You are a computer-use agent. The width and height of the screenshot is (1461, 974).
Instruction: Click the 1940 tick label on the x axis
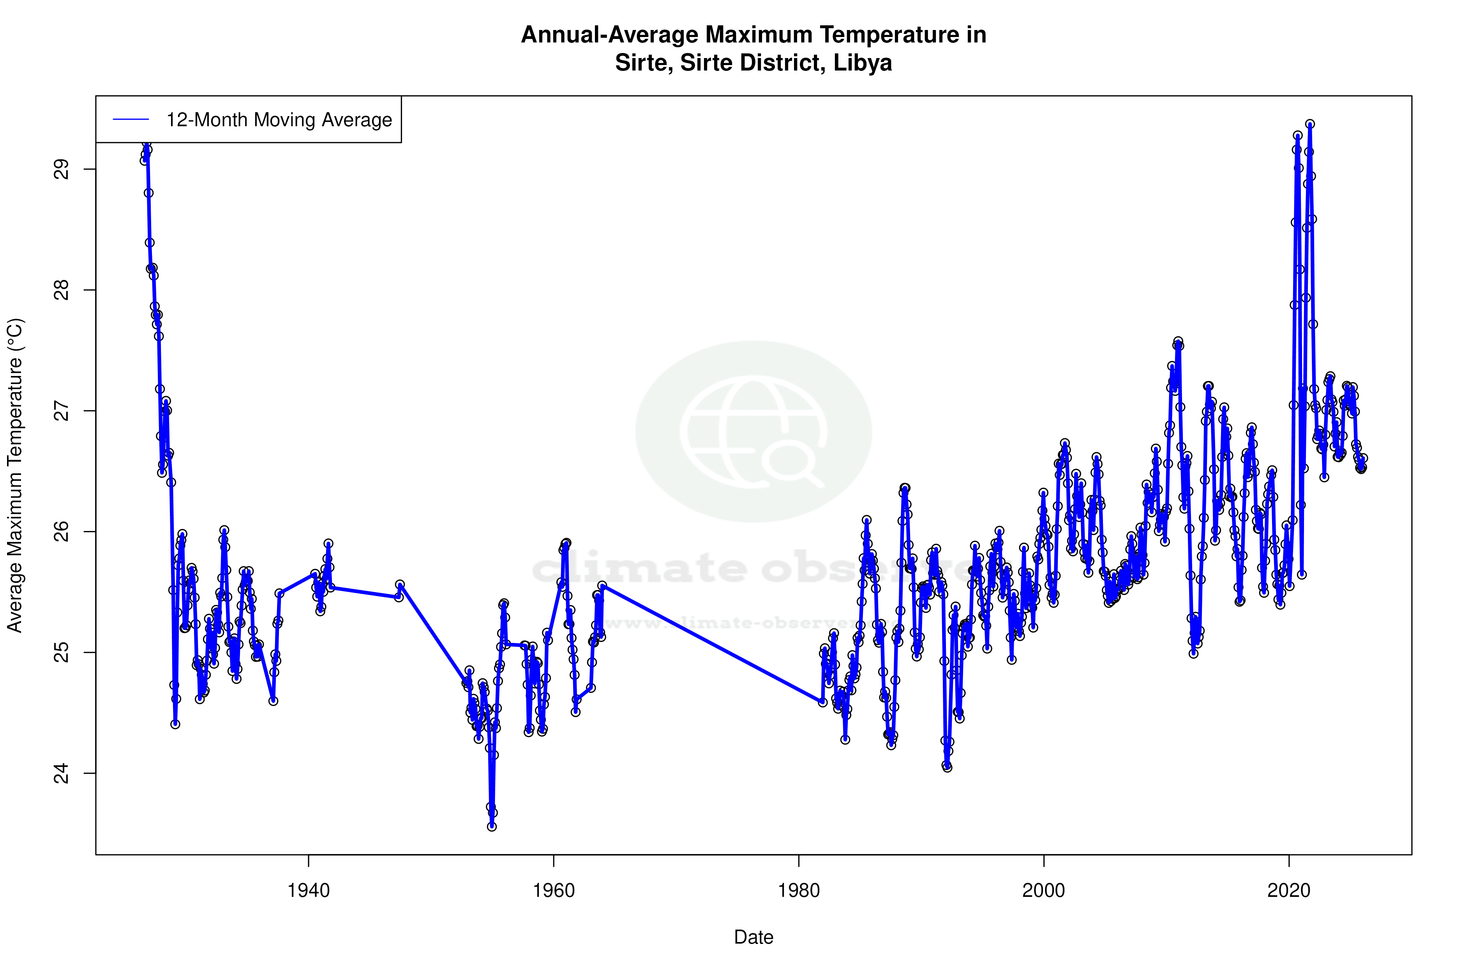pyautogui.click(x=308, y=891)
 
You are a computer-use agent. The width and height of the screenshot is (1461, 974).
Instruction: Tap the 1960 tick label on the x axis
pyautogui.click(x=554, y=891)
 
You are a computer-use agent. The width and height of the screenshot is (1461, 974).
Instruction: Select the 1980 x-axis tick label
pyautogui.click(x=799, y=891)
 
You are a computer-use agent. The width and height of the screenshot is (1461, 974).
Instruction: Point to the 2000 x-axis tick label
pyautogui.click(x=1044, y=891)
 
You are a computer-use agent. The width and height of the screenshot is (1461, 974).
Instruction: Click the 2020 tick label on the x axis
pyautogui.click(x=1289, y=891)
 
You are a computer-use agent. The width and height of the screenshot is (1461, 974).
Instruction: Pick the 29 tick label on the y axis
pyautogui.click(x=61, y=169)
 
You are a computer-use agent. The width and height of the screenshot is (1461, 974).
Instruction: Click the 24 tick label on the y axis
pyautogui.click(x=61, y=773)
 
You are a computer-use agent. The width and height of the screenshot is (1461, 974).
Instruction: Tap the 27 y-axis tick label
pyautogui.click(x=61, y=411)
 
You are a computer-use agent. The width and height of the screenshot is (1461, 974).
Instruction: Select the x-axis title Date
pyautogui.click(x=753, y=937)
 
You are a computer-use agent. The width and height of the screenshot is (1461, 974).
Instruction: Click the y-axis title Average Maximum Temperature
pyautogui.click(x=15, y=475)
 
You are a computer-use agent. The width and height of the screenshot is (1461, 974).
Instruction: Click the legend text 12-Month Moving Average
pyautogui.click(x=279, y=120)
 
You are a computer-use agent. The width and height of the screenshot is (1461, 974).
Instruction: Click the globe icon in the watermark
pyautogui.click(x=753, y=432)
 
